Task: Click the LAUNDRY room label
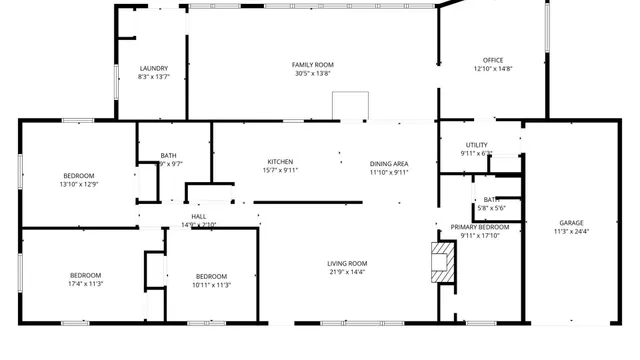153,68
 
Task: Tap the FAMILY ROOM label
312,65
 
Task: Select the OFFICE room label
492,60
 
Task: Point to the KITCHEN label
280,162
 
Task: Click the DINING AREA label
389,163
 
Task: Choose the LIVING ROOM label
347,263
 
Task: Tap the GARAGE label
571,223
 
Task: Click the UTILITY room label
476,145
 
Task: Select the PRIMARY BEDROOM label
480,227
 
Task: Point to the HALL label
198,216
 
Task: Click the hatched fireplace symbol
443,263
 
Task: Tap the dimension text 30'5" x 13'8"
312,74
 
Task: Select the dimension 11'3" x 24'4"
571,232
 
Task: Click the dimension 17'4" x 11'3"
85,284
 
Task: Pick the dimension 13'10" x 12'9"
79,184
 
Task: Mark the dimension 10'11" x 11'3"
211,284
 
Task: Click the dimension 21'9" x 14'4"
347,272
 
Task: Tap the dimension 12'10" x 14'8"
492,69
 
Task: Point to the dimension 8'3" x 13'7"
153,77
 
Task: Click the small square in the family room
350,106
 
